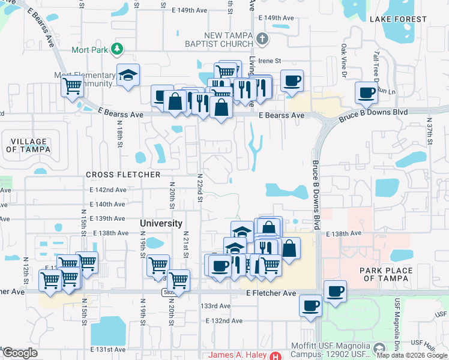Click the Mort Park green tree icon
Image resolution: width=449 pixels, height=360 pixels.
(x=118, y=49)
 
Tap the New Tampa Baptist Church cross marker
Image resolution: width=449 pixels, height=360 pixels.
(x=261, y=40)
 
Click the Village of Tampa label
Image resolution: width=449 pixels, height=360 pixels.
(x=28, y=146)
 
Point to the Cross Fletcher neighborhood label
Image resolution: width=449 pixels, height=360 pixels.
(x=123, y=175)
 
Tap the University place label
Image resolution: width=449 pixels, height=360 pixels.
(x=161, y=223)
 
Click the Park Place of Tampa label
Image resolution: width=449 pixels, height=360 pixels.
(x=386, y=274)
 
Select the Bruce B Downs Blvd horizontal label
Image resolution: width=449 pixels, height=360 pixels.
(x=373, y=113)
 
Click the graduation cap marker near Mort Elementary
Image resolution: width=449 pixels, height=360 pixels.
(x=128, y=75)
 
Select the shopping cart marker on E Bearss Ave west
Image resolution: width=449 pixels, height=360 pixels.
(x=73, y=86)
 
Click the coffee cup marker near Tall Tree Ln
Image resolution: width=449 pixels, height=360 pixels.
(x=366, y=92)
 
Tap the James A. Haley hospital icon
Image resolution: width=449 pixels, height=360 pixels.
(x=276, y=355)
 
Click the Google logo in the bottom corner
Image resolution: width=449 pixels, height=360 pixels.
(x=20, y=353)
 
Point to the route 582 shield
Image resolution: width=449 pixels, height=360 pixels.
(x=167, y=292)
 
